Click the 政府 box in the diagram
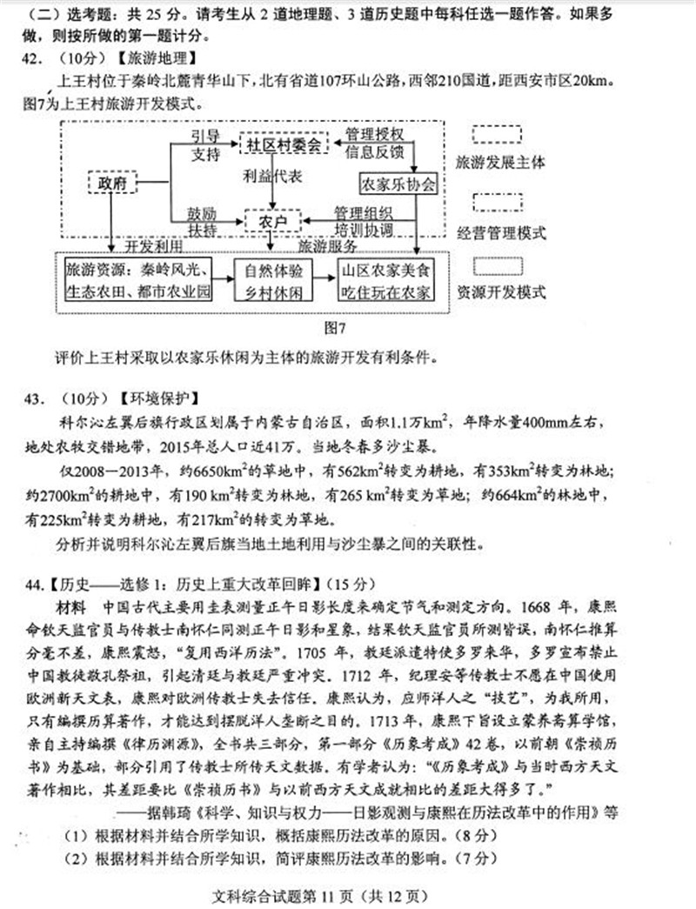tap(113, 184)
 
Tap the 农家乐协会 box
tap(397, 184)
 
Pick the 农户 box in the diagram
tap(272, 222)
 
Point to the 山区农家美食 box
tap(385, 281)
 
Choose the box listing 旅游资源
tap(137, 281)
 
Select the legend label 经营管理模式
tap(500, 232)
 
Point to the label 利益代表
tap(272, 176)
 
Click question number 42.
tap(36, 59)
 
